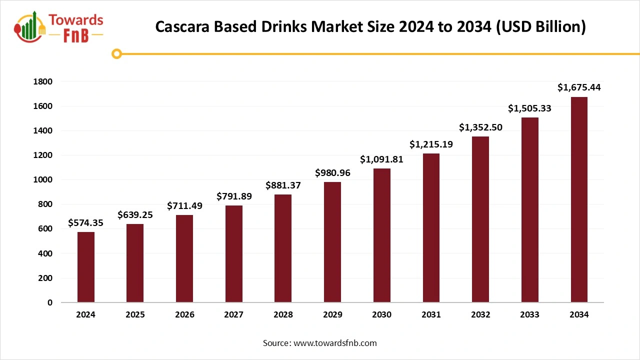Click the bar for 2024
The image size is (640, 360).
tap(85, 267)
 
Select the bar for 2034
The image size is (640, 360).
tap(579, 199)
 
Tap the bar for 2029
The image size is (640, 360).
tap(332, 242)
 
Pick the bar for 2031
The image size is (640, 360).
tap(431, 228)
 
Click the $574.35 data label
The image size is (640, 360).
tap(85, 223)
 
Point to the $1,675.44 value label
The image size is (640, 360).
tap(579, 87)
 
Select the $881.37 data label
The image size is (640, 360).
tap(283, 185)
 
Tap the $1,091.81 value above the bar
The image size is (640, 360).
tap(381, 159)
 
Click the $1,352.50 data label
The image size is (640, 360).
tap(480, 127)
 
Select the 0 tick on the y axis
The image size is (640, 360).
tap(49, 302)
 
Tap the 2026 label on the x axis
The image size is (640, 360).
tap(184, 315)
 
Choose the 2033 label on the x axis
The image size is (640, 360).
tap(529, 315)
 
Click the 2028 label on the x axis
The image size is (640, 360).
tap(283, 315)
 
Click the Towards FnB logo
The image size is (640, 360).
tap(59, 27)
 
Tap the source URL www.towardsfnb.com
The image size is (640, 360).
tap(334, 343)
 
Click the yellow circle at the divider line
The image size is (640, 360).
tap(116, 53)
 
